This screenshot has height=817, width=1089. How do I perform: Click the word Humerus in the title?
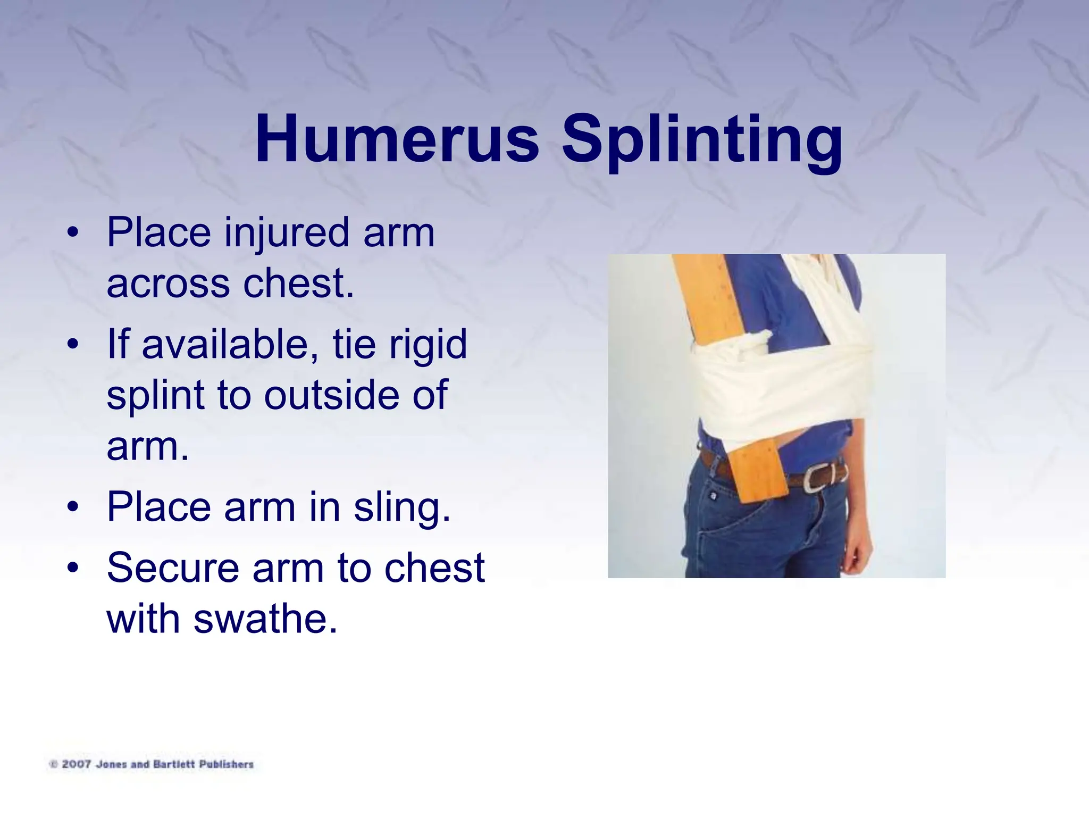pos(397,139)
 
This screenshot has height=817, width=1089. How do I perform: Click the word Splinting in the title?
pos(702,141)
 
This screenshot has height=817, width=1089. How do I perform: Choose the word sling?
pos(402,508)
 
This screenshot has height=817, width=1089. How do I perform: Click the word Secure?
pos(173,568)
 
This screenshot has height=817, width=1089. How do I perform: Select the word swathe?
pos(265,619)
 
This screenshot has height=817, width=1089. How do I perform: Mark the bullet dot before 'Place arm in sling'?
pos(73,507)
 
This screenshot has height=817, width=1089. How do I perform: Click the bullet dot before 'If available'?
pos(73,345)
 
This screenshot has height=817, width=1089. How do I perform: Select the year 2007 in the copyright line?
pos(76,764)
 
